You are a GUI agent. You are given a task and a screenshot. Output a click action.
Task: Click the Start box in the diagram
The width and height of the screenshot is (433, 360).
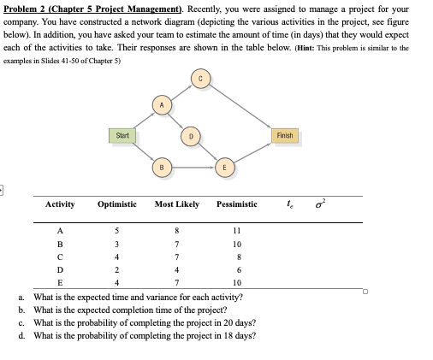(x=122, y=133)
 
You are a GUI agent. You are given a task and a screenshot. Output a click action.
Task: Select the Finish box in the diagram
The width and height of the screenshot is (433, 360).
(x=286, y=135)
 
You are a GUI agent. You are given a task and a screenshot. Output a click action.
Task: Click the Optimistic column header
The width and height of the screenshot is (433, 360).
(x=117, y=204)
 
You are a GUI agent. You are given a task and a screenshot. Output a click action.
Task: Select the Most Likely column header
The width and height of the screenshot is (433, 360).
(x=177, y=204)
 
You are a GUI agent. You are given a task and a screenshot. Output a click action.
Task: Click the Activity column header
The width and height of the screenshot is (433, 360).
(x=60, y=204)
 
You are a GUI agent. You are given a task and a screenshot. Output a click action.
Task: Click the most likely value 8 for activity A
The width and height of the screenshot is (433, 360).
(x=177, y=229)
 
